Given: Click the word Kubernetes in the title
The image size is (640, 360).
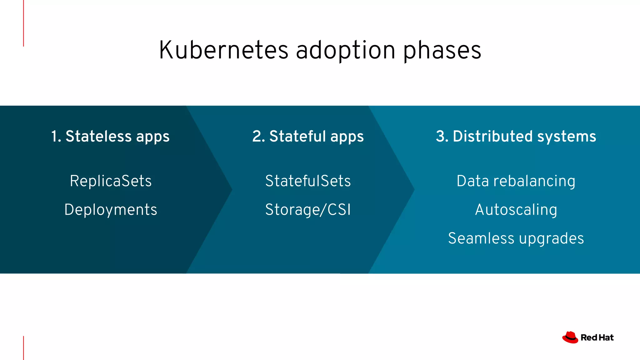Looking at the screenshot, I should pyautogui.click(x=224, y=50).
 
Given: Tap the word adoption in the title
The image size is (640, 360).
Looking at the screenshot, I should pyautogui.click(x=346, y=51).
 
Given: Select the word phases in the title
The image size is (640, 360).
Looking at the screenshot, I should pyautogui.click(x=442, y=51).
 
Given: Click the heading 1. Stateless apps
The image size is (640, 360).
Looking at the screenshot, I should pyautogui.click(x=110, y=137).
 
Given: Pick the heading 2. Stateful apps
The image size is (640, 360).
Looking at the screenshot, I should pyautogui.click(x=308, y=137).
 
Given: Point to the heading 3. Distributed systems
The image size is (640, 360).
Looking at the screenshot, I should pyautogui.click(x=516, y=137).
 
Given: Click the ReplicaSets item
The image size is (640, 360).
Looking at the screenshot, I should pyautogui.click(x=111, y=181).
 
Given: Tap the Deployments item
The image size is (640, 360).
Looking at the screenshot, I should pyautogui.click(x=111, y=210).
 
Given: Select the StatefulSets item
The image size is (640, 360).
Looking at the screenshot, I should pyautogui.click(x=308, y=181).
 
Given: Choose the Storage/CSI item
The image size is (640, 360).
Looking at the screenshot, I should pyautogui.click(x=308, y=210).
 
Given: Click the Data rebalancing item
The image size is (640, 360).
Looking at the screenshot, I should pyautogui.click(x=516, y=181).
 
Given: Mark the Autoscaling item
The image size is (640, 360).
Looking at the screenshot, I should pyautogui.click(x=516, y=210).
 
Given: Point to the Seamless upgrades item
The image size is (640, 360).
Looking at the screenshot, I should pyautogui.click(x=516, y=238).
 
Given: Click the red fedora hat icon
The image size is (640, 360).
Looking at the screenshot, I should pyautogui.click(x=570, y=337).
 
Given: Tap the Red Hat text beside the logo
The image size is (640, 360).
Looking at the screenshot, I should pyautogui.click(x=597, y=337).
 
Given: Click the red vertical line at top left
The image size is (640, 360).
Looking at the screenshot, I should pyautogui.click(x=23, y=23).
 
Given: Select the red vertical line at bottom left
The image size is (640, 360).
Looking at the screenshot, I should pyautogui.click(x=23, y=348).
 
